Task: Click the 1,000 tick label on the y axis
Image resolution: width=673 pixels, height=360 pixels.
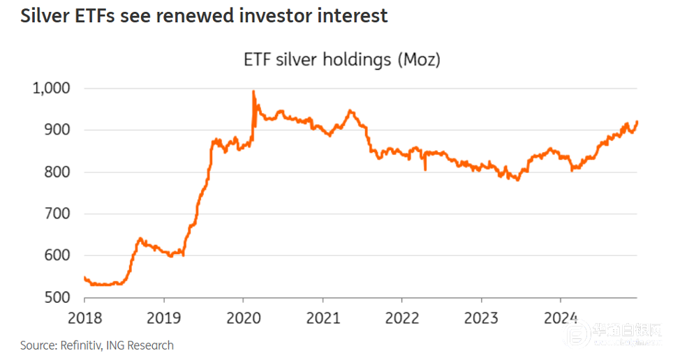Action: (50, 89)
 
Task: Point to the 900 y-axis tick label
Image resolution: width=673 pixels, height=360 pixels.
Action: (57, 130)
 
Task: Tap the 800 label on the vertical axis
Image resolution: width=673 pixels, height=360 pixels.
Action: (57, 172)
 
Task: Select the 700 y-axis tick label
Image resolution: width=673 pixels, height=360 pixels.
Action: (57, 213)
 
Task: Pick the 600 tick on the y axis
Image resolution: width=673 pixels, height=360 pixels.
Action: (57, 255)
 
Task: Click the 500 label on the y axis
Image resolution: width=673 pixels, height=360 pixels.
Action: (57, 297)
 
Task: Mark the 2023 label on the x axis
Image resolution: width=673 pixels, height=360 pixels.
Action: (481, 319)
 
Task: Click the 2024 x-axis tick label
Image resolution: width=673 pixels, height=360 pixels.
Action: (561, 319)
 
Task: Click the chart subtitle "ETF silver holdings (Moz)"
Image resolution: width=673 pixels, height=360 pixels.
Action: (342, 60)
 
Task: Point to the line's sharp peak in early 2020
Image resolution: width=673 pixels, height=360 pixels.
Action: (253, 91)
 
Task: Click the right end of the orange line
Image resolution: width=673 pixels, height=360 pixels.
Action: (637, 121)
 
